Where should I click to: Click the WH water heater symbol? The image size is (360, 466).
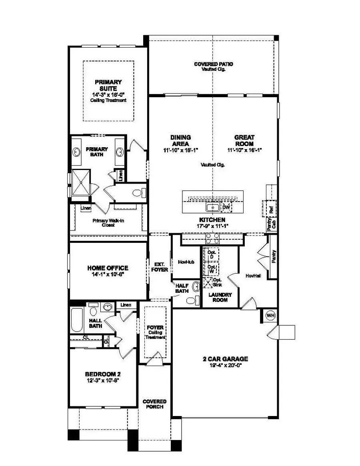271,316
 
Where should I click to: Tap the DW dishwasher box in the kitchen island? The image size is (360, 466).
226,207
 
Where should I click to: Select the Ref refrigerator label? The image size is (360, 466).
272,209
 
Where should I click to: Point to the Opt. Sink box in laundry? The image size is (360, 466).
208,282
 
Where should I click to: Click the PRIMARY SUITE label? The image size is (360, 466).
108,85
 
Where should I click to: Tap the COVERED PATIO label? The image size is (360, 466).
213,64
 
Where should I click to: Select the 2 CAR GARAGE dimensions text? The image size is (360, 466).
225,365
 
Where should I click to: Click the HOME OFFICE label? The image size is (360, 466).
108,268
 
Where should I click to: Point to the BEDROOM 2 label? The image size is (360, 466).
103,374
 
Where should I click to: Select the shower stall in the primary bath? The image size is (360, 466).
82,183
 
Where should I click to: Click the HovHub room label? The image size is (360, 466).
186,262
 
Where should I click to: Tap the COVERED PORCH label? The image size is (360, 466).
154,404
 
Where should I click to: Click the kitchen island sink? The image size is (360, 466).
212,207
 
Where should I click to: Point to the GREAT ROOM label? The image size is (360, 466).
244,140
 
